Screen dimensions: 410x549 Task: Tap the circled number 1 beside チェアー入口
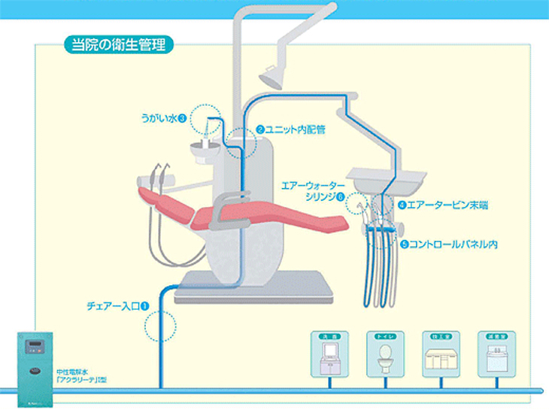144,306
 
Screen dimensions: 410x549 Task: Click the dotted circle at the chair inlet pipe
159,326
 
